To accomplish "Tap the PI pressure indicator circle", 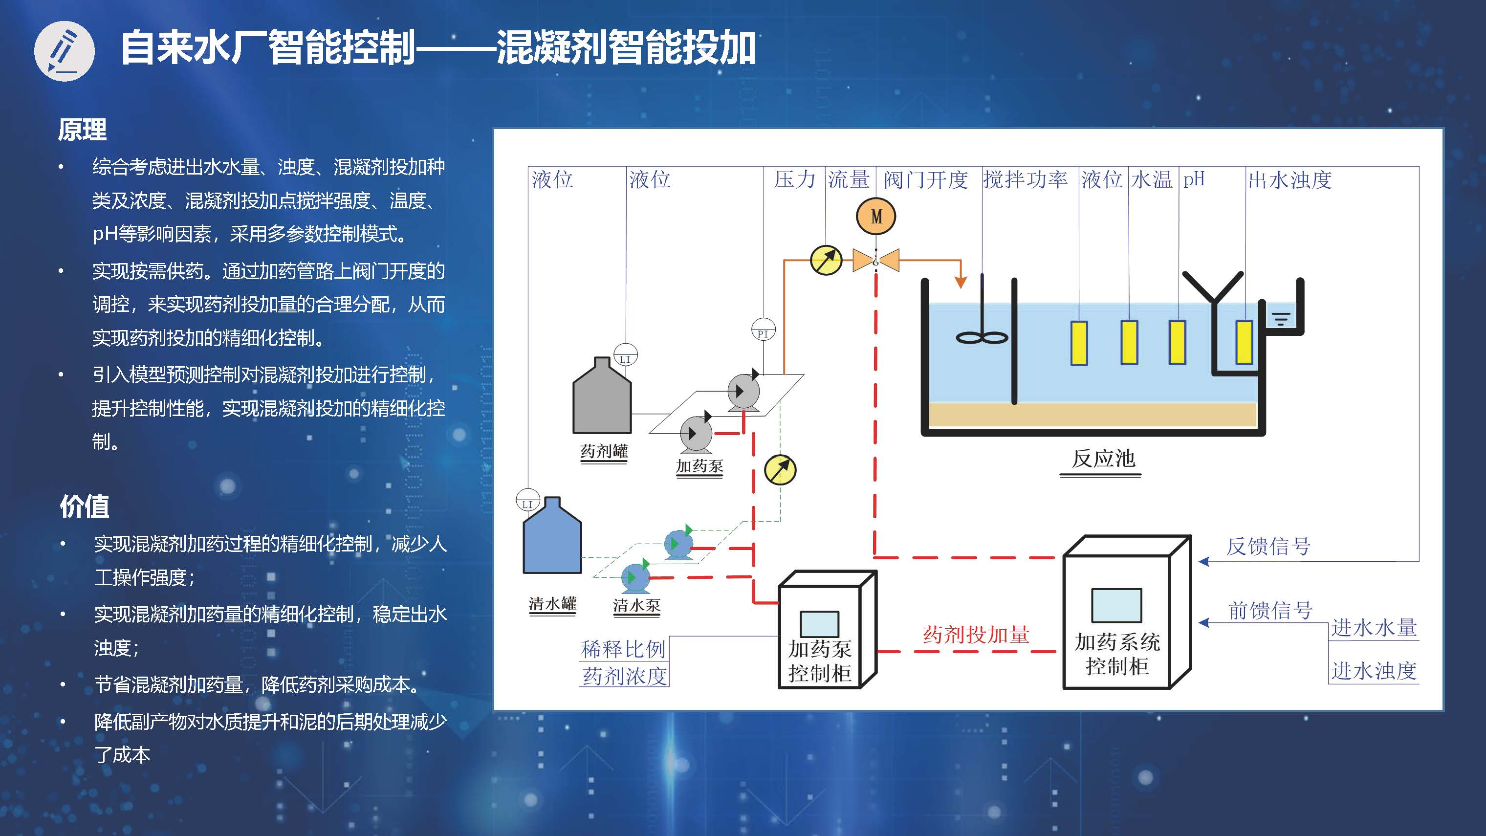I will click(x=763, y=330).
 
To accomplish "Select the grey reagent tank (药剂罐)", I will click(x=602, y=398).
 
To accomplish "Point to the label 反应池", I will click(x=1103, y=459).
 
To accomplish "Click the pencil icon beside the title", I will click(x=64, y=51).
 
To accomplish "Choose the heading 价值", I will click(x=84, y=506).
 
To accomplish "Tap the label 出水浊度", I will click(x=1290, y=180).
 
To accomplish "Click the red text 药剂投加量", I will click(x=976, y=635).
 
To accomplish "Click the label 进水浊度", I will click(x=1374, y=671).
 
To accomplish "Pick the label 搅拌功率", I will click(x=1025, y=180).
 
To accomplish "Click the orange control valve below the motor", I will click(x=875, y=260).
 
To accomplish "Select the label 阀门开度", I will click(x=925, y=180).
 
